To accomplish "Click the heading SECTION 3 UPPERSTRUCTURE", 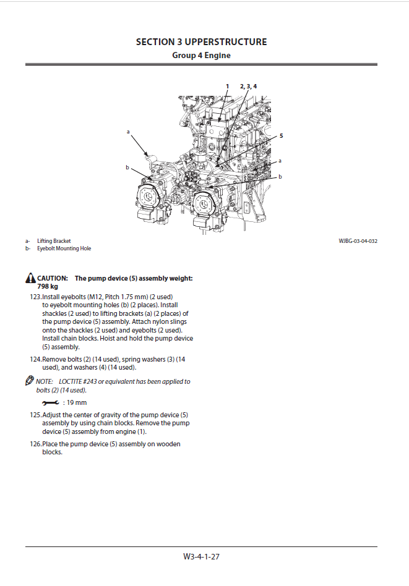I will tap(201, 42).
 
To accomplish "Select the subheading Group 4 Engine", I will tap(201, 56).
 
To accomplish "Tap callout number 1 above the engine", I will tap(227, 86).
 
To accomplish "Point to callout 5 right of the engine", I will tap(281, 135).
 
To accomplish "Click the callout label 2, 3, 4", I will tap(248, 86).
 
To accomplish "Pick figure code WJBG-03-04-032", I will tap(358, 241).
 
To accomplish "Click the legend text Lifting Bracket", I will tap(54, 241).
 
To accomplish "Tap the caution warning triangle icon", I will tap(30, 279).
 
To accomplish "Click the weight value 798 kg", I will tap(48, 287).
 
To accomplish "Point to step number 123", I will tap(35, 297).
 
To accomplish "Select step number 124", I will tap(35, 359).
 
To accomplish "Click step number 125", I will tap(35, 415).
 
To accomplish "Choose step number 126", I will tap(35, 444).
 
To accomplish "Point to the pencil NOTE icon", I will tap(30, 381).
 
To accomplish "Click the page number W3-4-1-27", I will tap(201, 556).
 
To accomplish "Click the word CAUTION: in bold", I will tap(53, 279).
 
